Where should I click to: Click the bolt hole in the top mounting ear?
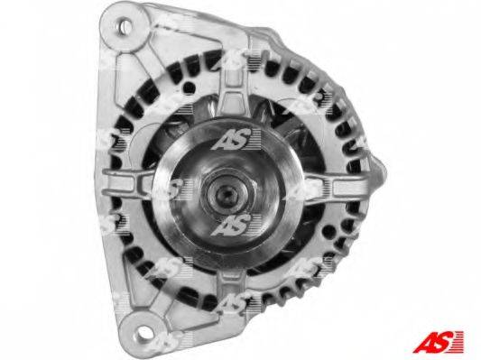(x=125, y=26)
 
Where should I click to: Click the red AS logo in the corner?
(x=439, y=342)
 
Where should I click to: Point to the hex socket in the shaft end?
(x=228, y=193)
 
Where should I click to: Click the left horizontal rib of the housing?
(x=128, y=183)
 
